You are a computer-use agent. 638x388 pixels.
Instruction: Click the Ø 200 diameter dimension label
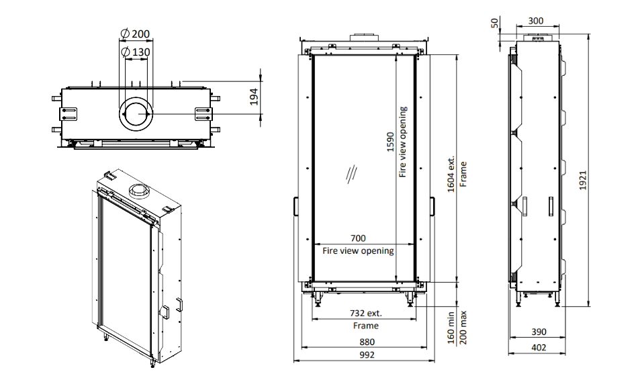136,34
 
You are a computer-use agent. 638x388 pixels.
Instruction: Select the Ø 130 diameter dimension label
136,52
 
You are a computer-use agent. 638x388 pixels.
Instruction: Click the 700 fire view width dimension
359,239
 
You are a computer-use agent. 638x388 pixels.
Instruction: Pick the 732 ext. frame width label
365,313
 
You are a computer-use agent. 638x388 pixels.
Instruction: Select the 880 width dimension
366,341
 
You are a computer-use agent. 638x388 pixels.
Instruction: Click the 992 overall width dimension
366,355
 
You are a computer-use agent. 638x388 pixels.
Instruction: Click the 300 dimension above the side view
535,21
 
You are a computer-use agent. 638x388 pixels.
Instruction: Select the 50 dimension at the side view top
495,23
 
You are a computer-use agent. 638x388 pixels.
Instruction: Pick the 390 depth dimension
539,332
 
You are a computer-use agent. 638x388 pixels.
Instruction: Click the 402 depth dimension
539,347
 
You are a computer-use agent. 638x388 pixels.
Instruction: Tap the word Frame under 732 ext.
365,326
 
